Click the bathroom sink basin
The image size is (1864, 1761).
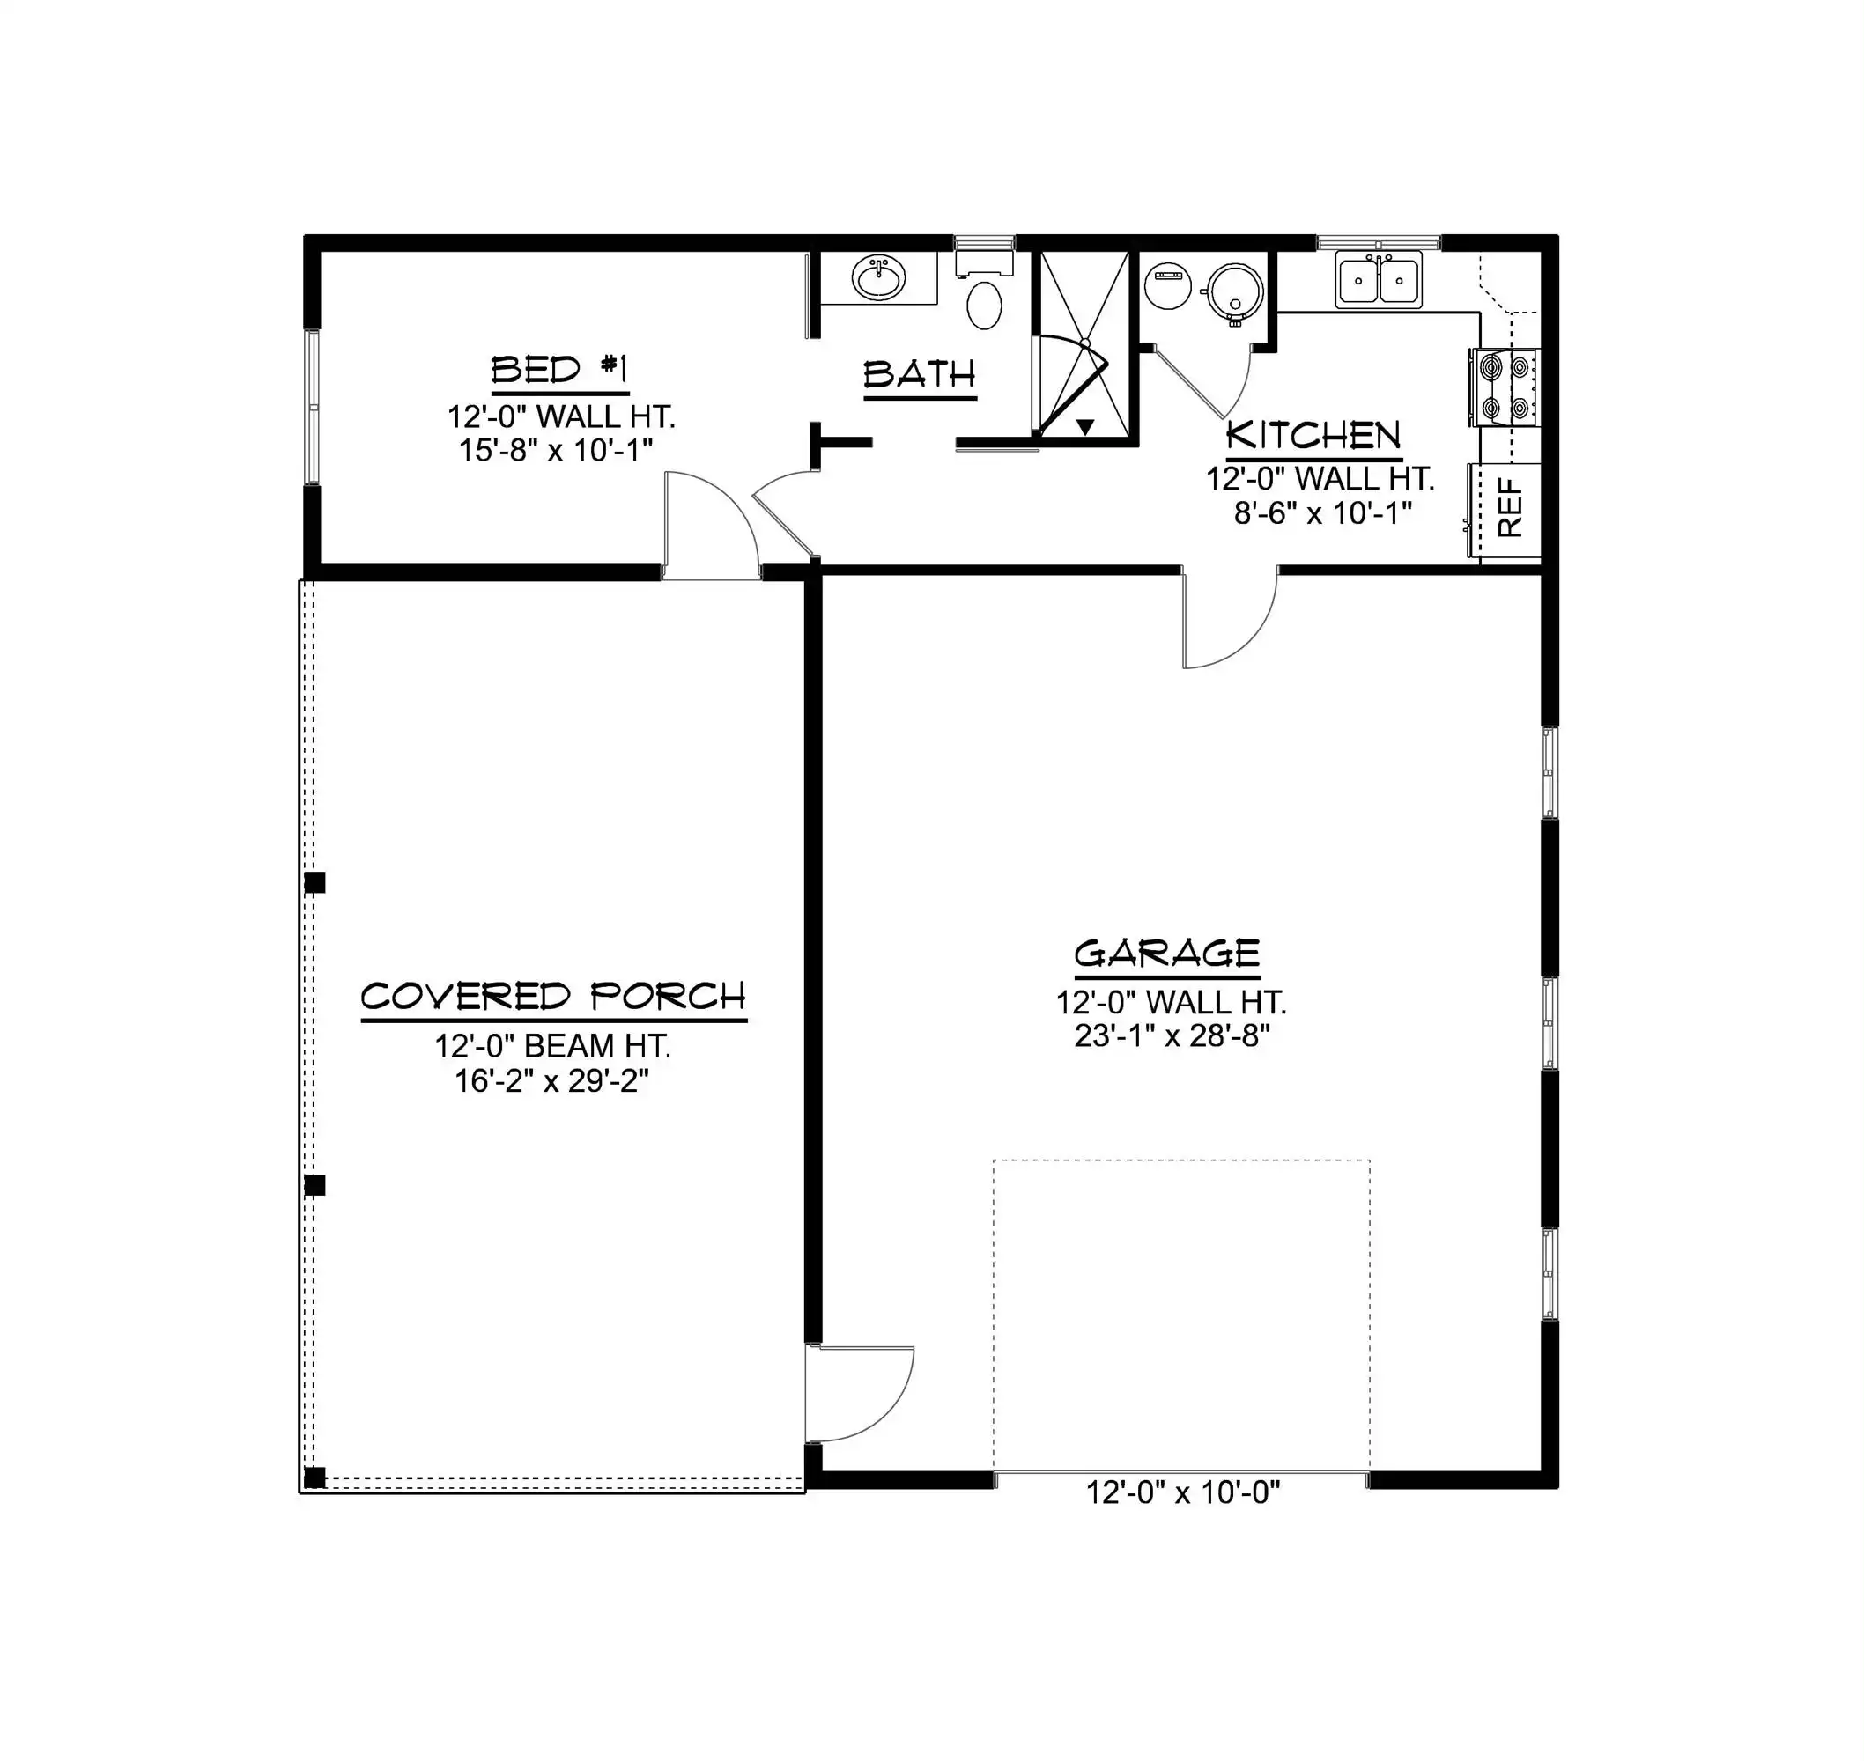(879, 276)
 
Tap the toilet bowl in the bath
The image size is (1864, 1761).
(984, 303)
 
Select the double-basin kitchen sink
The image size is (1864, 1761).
(1379, 280)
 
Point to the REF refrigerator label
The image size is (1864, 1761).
(1509, 508)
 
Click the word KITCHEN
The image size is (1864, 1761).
(1313, 436)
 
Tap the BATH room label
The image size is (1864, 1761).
(920, 375)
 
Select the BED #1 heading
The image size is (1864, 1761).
(559, 370)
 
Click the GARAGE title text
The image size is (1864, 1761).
(1167, 954)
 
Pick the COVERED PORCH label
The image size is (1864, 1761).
(554, 996)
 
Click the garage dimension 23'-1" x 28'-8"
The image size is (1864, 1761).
(1172, 1035)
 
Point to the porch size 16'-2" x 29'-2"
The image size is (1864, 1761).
(552, 1080)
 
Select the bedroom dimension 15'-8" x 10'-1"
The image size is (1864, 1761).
(556, 451)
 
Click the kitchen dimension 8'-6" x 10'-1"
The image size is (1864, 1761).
(1323, 513)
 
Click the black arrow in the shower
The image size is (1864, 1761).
(1085, 427)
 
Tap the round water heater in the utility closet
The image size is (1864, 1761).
(1234, 289)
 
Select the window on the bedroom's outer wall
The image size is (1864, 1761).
(313, 408)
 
